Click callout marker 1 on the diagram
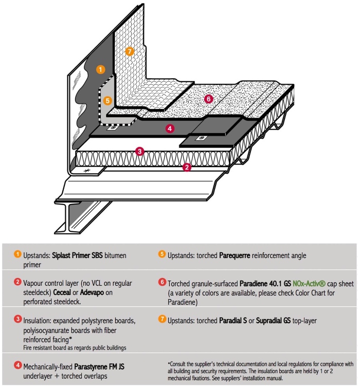[100, 68]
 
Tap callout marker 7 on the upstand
[130, 51]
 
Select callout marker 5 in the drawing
[107, 101]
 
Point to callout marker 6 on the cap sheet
[208, 99]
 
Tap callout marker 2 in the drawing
[187, 167]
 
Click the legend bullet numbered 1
[17, 253]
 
